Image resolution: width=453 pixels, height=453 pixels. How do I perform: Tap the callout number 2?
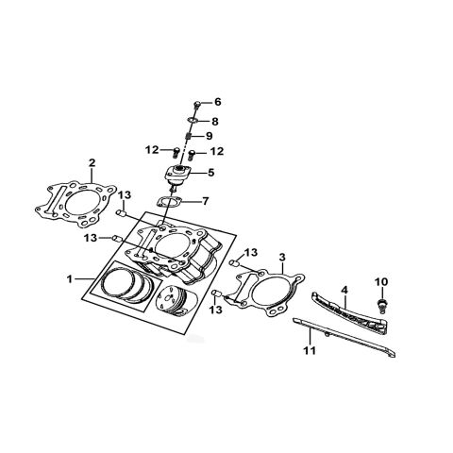pyautogui.click(x=92, y=163)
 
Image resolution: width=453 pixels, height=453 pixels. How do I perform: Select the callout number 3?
pyautogui.click(x=281, y=256)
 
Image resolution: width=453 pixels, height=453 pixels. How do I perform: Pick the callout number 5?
pyautogui.click(x=211, y=173)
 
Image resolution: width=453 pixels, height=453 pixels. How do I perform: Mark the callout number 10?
pyautogui.click(x=381, y=281)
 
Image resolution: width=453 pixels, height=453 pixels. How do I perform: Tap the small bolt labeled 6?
pyautogui.click(x=196, y=104)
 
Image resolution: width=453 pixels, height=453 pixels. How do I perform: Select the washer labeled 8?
pyautogui.click(x=192, y=121)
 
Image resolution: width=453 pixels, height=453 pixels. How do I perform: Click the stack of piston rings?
pyautogui.click(x=126, y=285)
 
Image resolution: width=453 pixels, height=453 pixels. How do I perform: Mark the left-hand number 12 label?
pyautogui.click(x=151, y=150)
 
